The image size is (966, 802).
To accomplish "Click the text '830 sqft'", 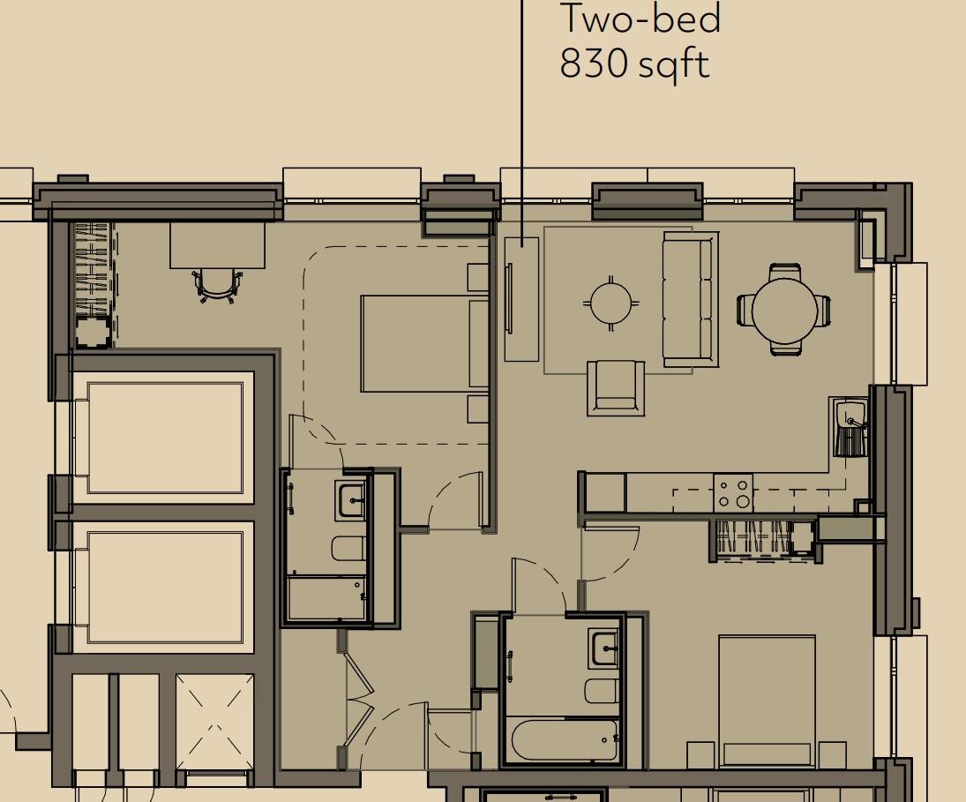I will click(x=634, y=64).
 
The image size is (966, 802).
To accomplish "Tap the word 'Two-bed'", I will click(x=640, y=19).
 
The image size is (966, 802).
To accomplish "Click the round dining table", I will click(x=784, y=310).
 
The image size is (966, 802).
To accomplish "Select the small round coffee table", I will click(x=610, y=303).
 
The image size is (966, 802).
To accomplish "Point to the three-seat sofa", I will click(x=690, y=298).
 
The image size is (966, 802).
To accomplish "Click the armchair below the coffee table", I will click(x=615, y=387).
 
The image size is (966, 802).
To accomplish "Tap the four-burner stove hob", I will click(x=733, y=493).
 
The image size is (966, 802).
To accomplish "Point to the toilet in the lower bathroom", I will click(x=600, y=690).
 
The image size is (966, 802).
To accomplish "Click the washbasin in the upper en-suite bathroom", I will click(x=353, y=500).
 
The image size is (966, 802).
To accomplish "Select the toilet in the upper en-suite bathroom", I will click(x=349, y=549).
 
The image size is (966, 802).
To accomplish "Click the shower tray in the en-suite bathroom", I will click(x=326, y=598).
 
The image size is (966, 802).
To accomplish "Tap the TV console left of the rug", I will click(x=520, y=298).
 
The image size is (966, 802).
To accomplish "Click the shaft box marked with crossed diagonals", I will click(x=214, y=722).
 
